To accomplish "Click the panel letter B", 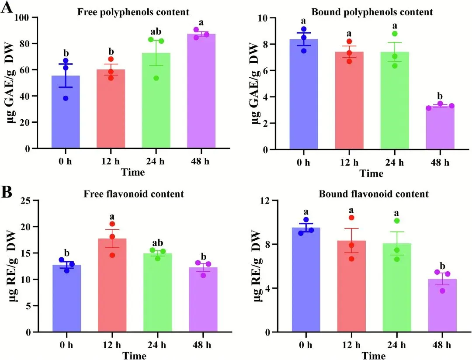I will click(7, 193).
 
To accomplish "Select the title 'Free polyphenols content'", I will click(133, 12).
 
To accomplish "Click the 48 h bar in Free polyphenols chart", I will click(201, 92).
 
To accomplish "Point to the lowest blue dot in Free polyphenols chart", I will click(66, 98).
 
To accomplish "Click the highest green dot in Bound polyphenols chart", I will click(395, 34).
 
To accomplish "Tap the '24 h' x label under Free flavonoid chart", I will click(157, 343).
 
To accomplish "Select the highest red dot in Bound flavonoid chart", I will click(351, 218).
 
